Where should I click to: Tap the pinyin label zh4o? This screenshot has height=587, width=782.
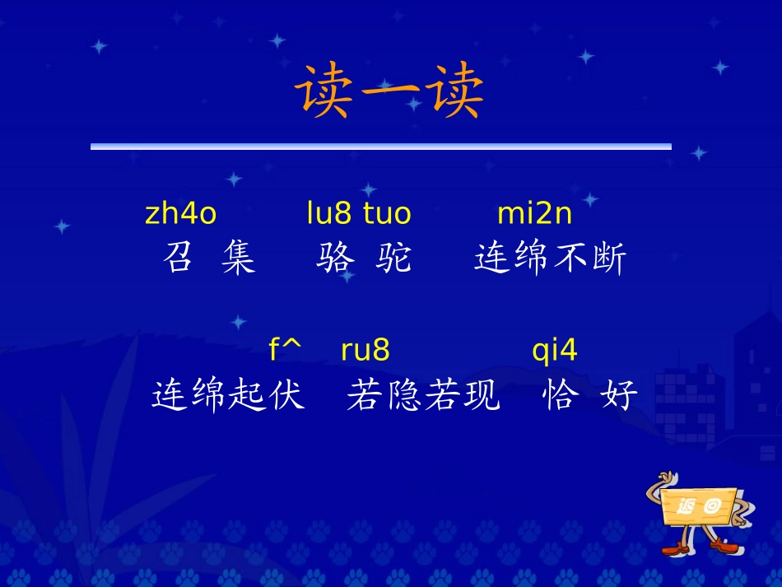180,214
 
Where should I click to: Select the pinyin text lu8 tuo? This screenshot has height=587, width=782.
358,214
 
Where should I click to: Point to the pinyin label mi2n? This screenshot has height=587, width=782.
534,214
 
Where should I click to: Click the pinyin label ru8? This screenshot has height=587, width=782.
365,351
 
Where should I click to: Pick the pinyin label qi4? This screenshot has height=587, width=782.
555,351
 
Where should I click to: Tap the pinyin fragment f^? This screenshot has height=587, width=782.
285,351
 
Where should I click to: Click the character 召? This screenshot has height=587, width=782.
179,259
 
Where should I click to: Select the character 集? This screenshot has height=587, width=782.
239,259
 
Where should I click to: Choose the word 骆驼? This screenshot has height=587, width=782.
363,259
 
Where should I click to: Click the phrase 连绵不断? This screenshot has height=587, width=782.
551,259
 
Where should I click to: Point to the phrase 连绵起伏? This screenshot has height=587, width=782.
228,396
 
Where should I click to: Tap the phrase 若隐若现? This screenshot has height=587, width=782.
423,396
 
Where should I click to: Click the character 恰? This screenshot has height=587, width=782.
558,396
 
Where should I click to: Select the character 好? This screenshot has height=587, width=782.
619,396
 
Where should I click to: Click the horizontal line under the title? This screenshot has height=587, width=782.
380,147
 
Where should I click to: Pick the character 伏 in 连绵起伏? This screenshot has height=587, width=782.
286,396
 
